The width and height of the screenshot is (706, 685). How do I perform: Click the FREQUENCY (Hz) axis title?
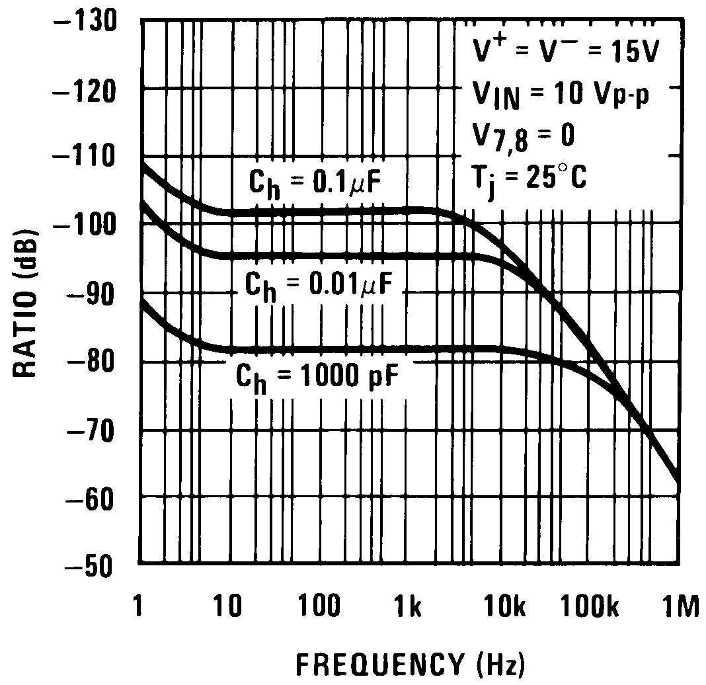410,662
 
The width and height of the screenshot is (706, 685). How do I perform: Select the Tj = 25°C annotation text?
529,179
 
